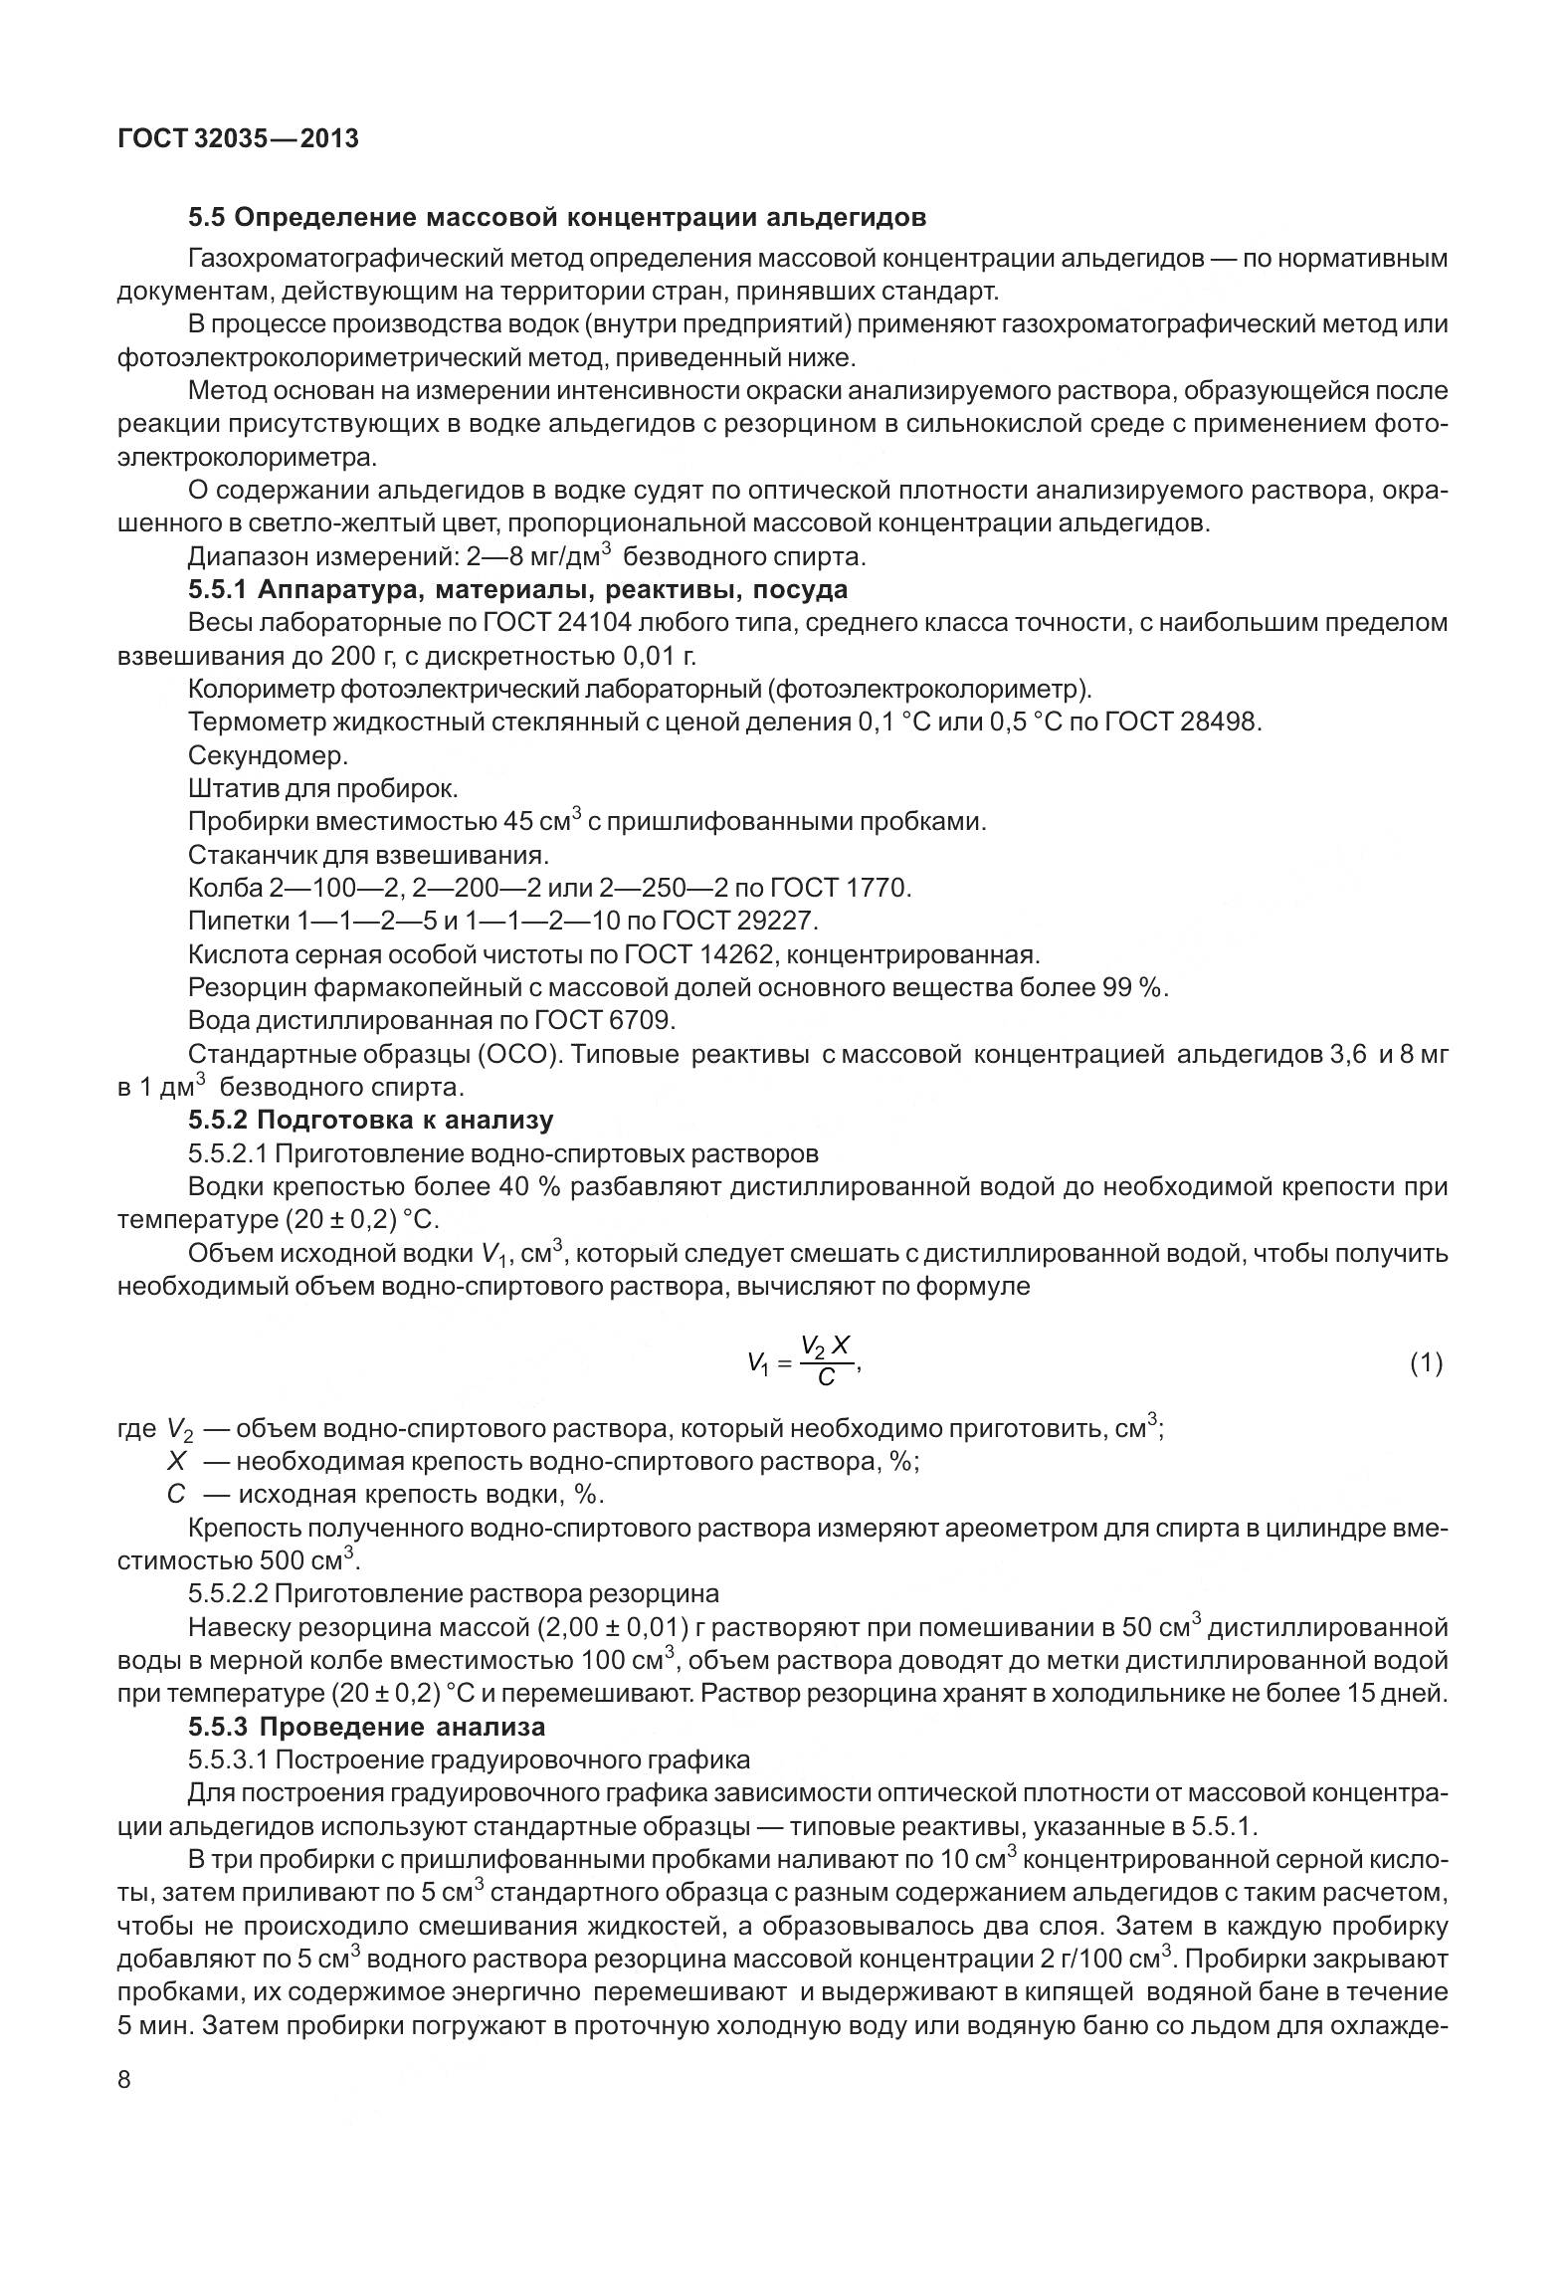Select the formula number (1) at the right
1426,1363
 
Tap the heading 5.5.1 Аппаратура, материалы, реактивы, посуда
517,590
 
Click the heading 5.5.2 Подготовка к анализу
370,1120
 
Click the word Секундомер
268,755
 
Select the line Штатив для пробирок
322,788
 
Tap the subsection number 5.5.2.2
228,1593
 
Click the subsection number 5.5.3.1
228,1759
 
